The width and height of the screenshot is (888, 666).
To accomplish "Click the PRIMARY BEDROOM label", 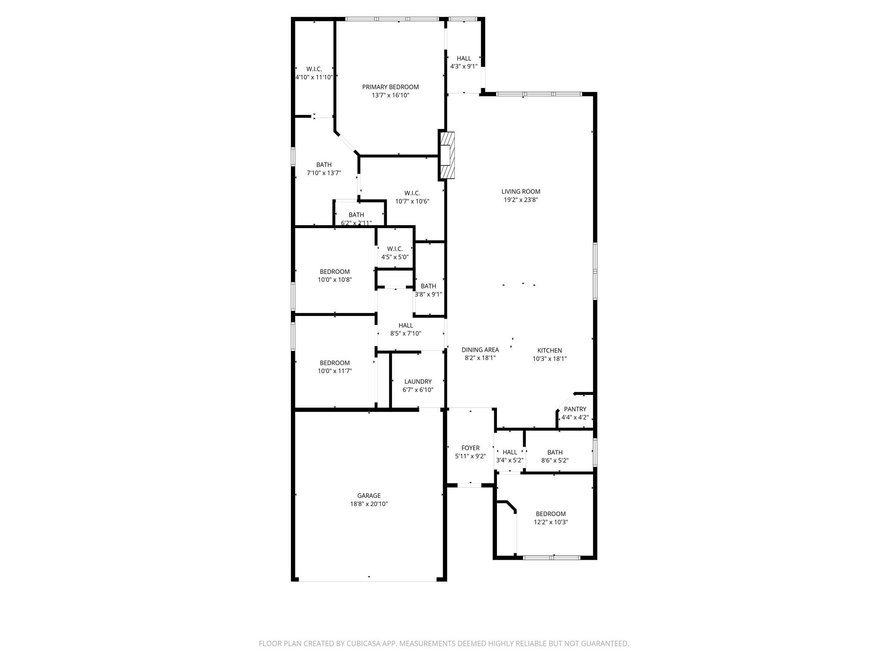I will point(390,87).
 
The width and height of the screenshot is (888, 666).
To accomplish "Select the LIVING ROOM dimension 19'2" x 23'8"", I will point(520,200).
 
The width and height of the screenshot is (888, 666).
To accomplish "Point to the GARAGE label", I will point(369,496).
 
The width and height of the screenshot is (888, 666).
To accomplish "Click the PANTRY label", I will point(575,409).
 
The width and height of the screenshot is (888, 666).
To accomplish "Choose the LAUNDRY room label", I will point(418,382).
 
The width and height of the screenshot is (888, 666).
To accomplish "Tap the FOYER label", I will point(470,448).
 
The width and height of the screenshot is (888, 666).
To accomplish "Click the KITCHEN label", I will point(549,350).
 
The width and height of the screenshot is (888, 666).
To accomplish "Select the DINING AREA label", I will point(480,350).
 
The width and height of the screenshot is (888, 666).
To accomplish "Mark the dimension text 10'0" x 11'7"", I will point(335,371).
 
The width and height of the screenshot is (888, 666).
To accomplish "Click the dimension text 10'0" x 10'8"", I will point(335,280).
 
